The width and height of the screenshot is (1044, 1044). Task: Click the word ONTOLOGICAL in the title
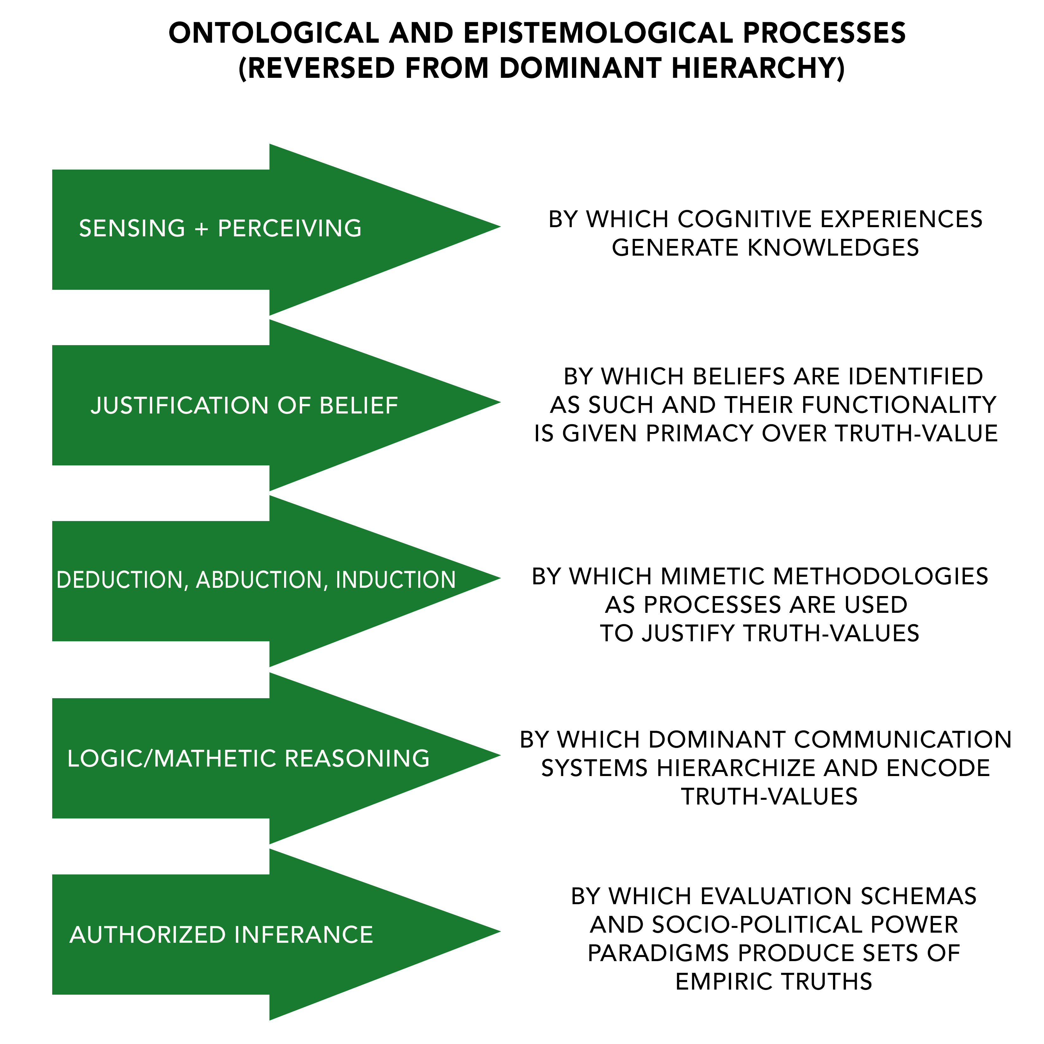pyautogui.click(x=273, y=34)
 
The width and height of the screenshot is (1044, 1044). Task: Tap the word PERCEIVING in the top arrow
pyautogui.click(x=290, y=229)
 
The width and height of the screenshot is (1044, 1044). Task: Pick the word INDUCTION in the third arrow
pyautogui.click(x=395, y=580)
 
